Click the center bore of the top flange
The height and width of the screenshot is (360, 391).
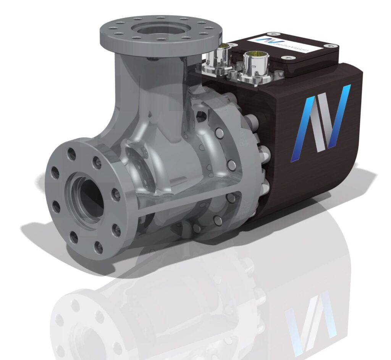pyautogui.click(x=160, y=30)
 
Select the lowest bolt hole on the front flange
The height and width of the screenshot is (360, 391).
pyautogui.click(x=98, y=248)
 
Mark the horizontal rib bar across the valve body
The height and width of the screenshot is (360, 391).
pyautogui.click(x=183, y=201)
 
